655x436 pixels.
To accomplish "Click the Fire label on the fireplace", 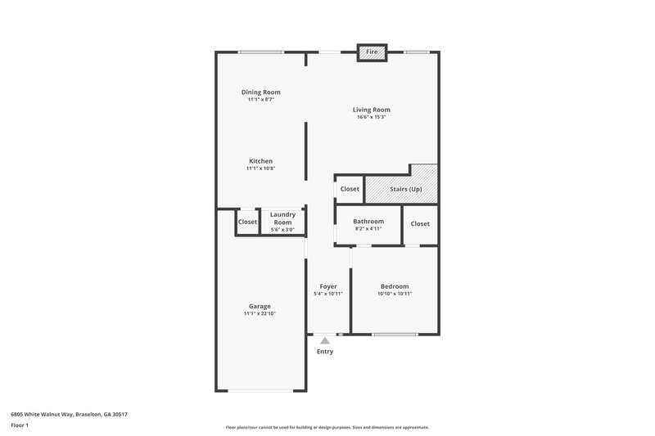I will pos(371,52).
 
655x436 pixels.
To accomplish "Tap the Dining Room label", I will pos(260,92).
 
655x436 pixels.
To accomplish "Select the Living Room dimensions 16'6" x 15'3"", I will pos(371,117).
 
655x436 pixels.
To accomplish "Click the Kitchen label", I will pos(260,161).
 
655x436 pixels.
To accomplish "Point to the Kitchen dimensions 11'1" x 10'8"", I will pos(260,169).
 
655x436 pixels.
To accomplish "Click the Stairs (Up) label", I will pos(405,189).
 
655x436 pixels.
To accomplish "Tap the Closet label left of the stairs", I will pos(350,189).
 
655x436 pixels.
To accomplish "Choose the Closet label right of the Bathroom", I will pos(420,223).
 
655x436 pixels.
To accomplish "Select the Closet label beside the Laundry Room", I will pos(247,222).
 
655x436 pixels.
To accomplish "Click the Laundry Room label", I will pos(282,218).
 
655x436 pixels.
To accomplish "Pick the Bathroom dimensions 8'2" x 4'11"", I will pos(368,228).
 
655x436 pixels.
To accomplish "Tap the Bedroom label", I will pos(394,286).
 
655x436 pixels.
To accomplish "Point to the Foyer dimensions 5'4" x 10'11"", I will pos(327,294).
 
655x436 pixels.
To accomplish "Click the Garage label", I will pos(260,307).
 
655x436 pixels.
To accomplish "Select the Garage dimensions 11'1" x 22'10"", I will pos(260,314).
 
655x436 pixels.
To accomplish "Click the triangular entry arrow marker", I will pos(325,340).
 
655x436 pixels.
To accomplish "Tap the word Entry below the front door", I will pos(325,352).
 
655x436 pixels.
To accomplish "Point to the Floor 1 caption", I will pos(20,425).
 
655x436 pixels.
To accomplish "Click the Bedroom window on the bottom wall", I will pos(395,333).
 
